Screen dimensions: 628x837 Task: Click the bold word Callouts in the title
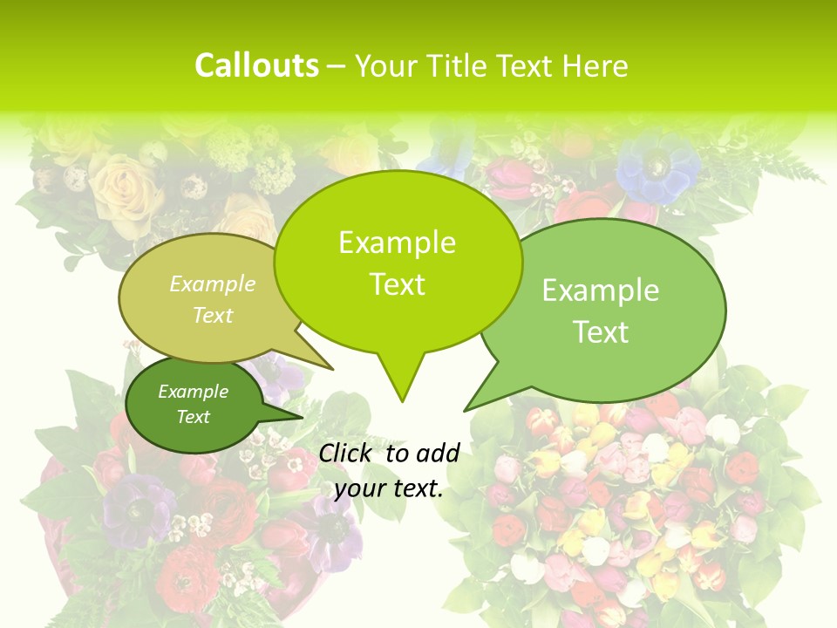click(256, 65)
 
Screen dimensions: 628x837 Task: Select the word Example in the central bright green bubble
click(397, 242)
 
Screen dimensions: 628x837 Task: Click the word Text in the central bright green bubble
click(397, 284)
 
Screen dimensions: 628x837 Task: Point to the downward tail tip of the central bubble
click(402, 401)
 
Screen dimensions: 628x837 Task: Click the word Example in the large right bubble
click(601, 290)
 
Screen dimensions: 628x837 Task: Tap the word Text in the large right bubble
click(601, 332)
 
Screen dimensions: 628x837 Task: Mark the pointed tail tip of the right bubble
click(465, 411)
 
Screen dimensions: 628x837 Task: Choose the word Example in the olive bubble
click(213, 283)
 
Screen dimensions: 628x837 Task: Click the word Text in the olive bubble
click(213, 315)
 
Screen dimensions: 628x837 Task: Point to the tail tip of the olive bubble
click(334, 370)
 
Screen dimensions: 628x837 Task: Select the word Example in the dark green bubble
click(193, 392)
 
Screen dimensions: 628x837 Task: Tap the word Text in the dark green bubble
click(193, 417)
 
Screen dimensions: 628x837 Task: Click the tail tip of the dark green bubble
click(304, 416)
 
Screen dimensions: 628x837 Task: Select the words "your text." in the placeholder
click(389, 489)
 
